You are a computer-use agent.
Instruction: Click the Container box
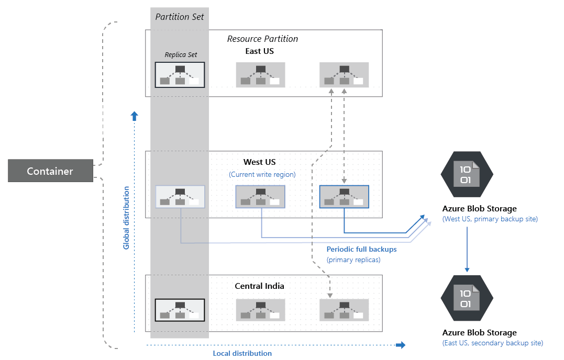50,171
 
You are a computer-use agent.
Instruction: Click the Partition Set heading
180,17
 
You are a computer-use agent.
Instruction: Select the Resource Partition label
262,39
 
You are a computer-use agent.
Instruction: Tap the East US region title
259,51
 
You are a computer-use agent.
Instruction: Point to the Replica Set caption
180,54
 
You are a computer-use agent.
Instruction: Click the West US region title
259,162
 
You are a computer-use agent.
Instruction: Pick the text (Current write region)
262,174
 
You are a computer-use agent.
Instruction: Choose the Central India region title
259,286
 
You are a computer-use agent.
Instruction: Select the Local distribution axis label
242,353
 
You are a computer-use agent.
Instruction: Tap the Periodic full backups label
361,250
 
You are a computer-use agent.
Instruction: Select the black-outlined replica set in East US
180,75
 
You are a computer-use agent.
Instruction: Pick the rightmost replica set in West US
344,197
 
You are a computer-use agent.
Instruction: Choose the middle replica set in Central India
260,310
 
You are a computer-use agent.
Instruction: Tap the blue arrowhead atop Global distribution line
135,116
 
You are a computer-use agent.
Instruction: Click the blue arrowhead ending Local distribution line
401,345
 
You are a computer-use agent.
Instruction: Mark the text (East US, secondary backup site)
492,343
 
